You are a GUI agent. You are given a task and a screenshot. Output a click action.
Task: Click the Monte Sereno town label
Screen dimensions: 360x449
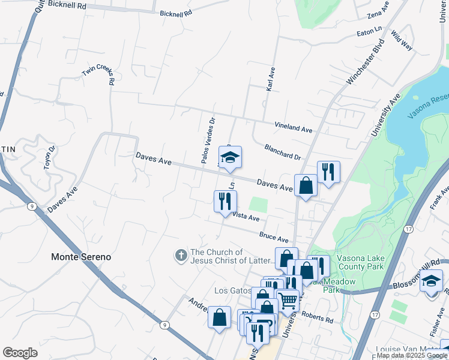(x=80, y=257)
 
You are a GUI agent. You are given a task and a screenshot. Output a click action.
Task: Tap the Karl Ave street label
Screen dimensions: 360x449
(x=271, y=79)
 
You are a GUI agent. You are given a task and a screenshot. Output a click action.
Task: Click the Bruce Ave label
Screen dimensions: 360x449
(x=274, y=238)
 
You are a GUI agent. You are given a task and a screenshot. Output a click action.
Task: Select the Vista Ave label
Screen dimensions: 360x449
(x=246, y=216)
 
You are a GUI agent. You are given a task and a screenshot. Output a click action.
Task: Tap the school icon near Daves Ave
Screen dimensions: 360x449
(x=229, y=158)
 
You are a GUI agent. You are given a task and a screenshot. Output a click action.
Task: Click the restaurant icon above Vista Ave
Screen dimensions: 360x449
(x=225, y=201)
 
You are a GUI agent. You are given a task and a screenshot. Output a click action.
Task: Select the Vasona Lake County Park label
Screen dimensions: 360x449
(x=360, y=260)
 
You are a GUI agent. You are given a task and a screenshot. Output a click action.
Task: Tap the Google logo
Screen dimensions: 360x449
(x=20, y=353)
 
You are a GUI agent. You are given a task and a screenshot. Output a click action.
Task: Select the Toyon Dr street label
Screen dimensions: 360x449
(x=49, y=158)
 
